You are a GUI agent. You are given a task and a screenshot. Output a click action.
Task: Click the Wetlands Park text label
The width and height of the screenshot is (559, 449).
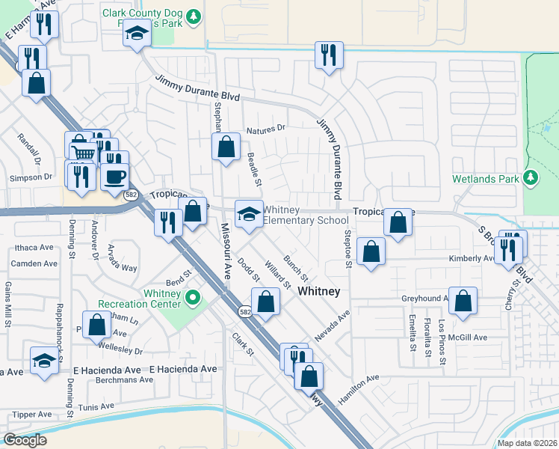(x=485, y=180)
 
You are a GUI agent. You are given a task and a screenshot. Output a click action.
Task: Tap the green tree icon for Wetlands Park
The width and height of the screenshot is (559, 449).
(x=531, y=177)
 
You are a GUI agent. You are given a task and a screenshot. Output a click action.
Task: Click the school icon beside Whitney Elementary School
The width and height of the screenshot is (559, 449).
(x=248, y=214)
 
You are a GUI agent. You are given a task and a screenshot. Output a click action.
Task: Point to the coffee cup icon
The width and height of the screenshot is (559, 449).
(x=114, y=177)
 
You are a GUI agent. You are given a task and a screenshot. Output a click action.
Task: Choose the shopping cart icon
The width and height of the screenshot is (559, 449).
(x=81, y=153)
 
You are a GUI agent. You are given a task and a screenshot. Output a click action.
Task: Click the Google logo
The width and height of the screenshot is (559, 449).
(x=25, y=440)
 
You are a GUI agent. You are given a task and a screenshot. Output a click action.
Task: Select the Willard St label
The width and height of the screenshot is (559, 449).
(x=277, y=274)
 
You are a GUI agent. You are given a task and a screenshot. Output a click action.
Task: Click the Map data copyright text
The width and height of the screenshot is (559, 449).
(x=526, y=443)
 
